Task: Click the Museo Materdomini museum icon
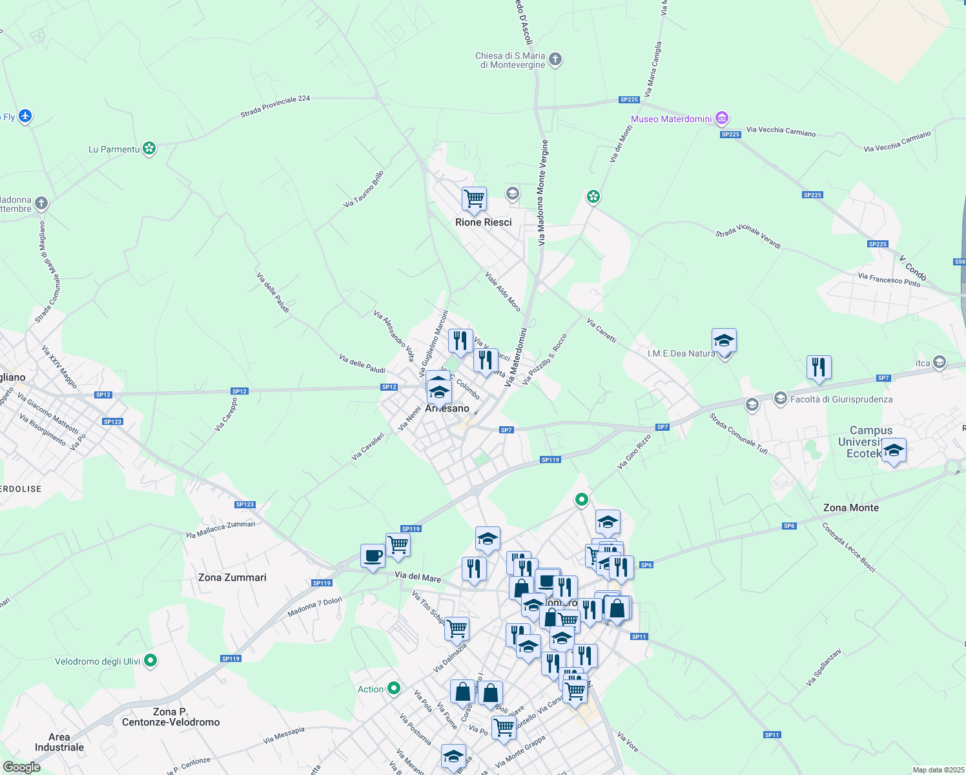click(x=722, y=119)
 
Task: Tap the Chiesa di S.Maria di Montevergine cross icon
click(x=555, y=60)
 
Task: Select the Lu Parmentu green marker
click(x=149, y=149)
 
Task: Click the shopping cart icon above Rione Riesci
click(x=474, y=199)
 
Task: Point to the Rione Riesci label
click(x=483, y=222)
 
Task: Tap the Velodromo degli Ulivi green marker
click(x=150, y=661)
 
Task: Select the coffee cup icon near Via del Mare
click(x=373, y=556)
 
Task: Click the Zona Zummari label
click(x=232, y=577)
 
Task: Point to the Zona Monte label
click(x=850, y=508)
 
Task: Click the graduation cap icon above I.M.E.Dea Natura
click(x=724, y=340)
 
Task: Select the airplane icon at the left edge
click(x=25, y=116)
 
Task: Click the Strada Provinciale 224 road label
click(x=275, y=107)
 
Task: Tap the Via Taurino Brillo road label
click(x=364, y=189)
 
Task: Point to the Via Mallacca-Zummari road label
click(x=220, y=530)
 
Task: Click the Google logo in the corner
click(x=21, y=767)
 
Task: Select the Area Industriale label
click(x=59, y=742)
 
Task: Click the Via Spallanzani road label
click(x=823, y=667)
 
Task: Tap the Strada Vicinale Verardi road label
click(x=748, y=236)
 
